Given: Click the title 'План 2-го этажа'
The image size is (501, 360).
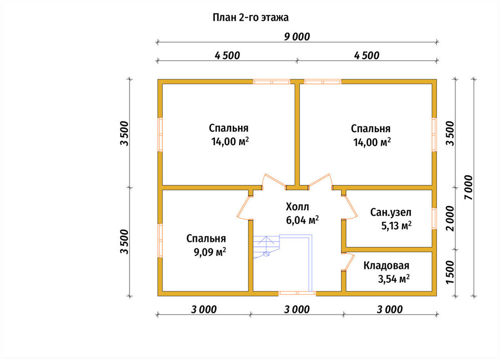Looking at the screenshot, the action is click(x=250, y=17).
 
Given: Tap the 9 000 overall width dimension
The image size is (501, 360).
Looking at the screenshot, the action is click(x=297, y=37).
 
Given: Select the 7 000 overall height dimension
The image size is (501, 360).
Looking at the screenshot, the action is click(x=468, y=187).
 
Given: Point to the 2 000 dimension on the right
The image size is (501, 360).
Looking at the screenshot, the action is click(x=450, y=218).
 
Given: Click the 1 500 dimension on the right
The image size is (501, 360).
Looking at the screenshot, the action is click(x=450, y=272).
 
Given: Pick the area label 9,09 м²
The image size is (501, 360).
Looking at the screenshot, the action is click(x=209, y=252).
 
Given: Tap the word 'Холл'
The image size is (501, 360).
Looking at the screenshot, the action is click(x=297, y=207).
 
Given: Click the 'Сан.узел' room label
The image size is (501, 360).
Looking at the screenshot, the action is click(x=391, y=212).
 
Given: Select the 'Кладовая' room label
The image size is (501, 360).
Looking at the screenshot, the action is click(x=386, y=265).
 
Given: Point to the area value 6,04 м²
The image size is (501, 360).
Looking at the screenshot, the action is click(x=302, y=220).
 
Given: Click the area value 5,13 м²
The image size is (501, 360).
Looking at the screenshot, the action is click(x=396, y=226).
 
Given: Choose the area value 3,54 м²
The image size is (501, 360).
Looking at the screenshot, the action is click(x=394, y=279).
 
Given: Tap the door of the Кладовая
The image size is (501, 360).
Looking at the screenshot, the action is click(x=349, y=262).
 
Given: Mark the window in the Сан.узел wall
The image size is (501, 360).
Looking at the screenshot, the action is click(x=434, y=218).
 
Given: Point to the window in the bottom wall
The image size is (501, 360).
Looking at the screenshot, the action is click(x=297, y=293).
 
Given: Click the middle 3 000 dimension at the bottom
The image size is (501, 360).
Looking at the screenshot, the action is click(x=297, y=309).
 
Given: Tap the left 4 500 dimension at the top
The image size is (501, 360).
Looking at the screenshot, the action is click(x=227, y=55).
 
